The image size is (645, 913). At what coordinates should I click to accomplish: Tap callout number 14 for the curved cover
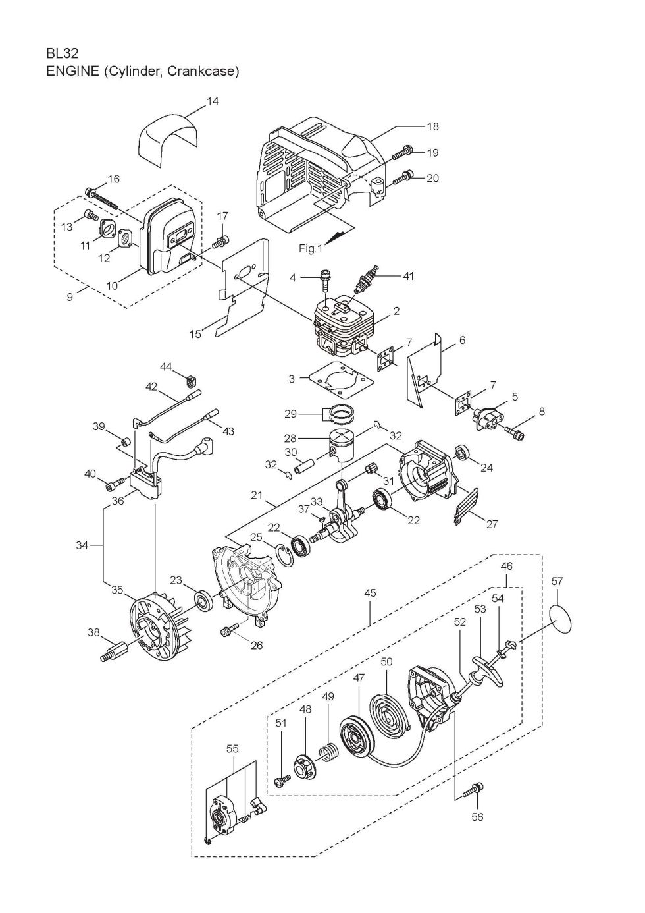[213, 101]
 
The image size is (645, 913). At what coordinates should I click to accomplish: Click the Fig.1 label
[310, 248]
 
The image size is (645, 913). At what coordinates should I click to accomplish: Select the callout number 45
[370, 593]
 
